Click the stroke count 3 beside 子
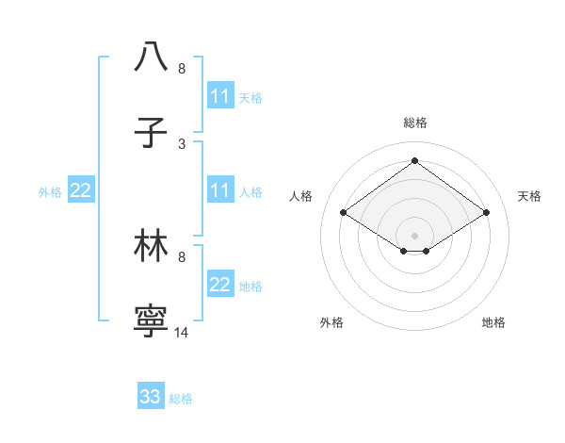coord(182,143)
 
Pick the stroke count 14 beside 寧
coord(182,332)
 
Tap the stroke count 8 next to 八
coord(182,69)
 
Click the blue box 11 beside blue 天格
coord(220,96)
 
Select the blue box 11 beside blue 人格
coord(220,190)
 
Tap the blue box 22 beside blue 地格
coord(220,285)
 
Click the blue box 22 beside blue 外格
coord(81,190)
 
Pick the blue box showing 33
coord(151,397)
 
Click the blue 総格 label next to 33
coord(181,399)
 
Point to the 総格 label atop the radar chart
coord(415,123)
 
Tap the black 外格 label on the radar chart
coord(331,322)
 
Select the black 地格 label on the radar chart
coord(493,322)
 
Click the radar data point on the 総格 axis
coord(415,160)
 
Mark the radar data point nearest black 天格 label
coord(486,213)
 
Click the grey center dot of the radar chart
coord(415,235)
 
